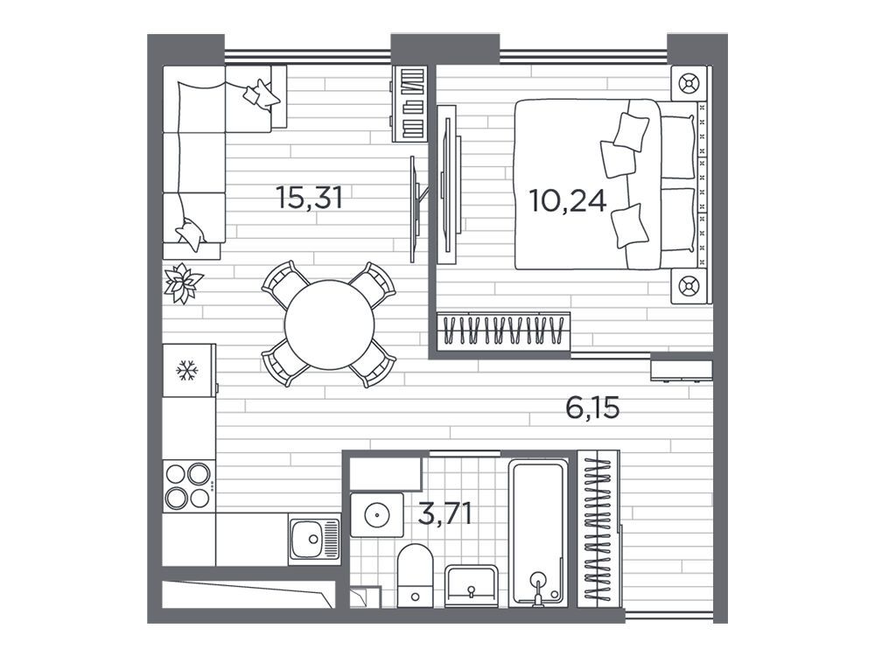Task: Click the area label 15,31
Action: click(309, 198)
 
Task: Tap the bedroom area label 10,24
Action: click(568, 201)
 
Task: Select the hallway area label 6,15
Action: click(592, 408)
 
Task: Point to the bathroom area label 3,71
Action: click(444, 513)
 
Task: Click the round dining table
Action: click(329, 325)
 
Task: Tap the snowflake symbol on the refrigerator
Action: click(187, 370)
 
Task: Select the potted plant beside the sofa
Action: click(182, 283)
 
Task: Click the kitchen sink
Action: click(314, 539)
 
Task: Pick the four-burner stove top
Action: click(189, 485)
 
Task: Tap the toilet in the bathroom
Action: click(415, 576)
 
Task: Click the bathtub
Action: click(538, 533)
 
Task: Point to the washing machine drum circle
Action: click(376, 515)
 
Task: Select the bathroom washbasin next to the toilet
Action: click(472, 586)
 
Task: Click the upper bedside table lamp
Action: click(689, 84)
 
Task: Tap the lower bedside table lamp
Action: click(689, 286)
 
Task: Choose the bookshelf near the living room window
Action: click(410, 104)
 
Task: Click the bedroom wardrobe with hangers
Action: click(503, 331)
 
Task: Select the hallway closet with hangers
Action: click(598, 529)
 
